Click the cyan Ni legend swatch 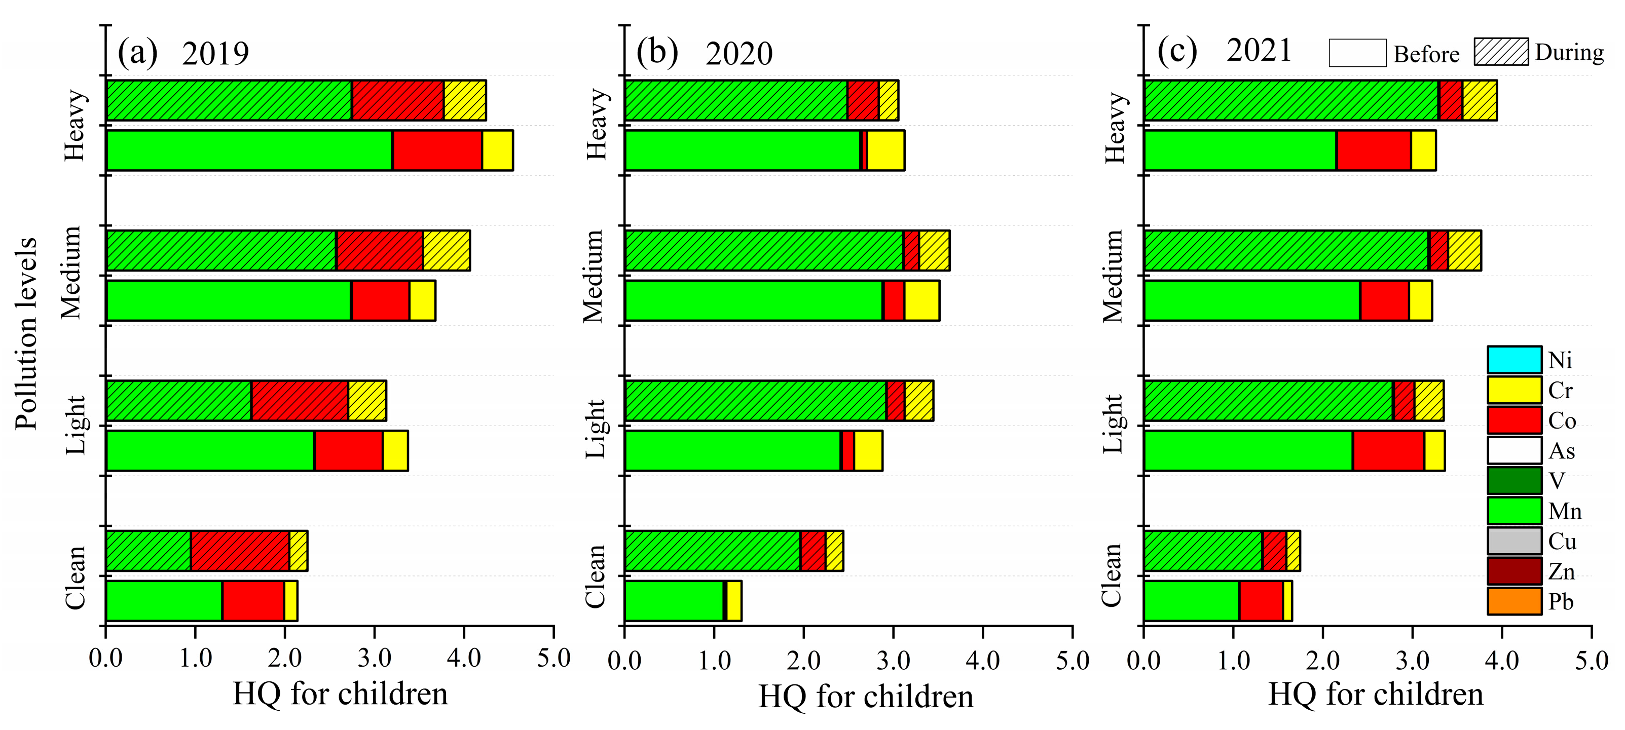(x=1514, y=360)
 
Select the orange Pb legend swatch (x=1514, y=601)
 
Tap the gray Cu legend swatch (x=1514, y=541)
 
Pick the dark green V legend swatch (x=1514, y=480)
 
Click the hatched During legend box (x=1501, y=52)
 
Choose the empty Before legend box (x=1357, y=53)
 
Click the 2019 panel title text (x=215, y=53)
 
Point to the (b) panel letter (x=657, y=52)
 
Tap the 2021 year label (x=1259, y=51)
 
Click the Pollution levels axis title (x=26, y=334)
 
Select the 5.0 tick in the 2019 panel (x=553, y=659)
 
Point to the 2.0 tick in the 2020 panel (x=803, y=660)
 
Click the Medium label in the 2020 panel (x=593, y=276)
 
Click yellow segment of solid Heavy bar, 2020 (x=885, y=150)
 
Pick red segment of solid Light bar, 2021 (x=1388, y=451)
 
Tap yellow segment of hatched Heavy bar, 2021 (x=1480, y=100)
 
